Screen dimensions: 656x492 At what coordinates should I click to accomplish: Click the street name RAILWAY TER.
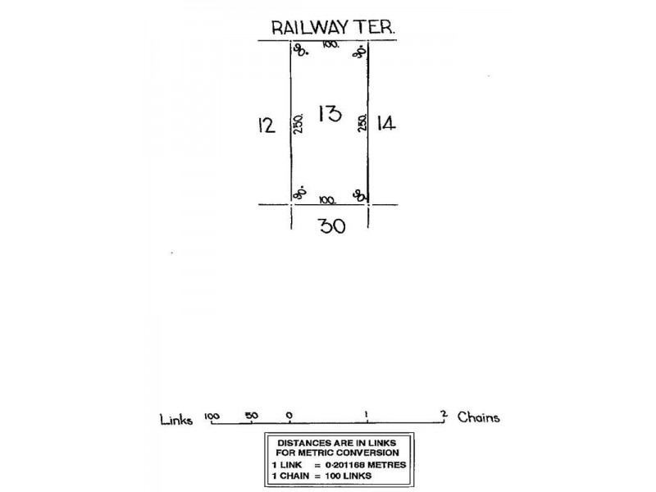pos(335,27)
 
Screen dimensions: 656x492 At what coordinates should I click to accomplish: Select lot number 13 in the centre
pos(329,113)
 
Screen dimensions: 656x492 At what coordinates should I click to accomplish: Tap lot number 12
pos(266,125)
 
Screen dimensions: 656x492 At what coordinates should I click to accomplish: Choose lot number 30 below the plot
pos(331,225)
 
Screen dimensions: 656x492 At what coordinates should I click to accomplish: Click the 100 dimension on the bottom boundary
pos(328,199)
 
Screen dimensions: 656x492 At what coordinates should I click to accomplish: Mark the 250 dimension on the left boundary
pos(301,124)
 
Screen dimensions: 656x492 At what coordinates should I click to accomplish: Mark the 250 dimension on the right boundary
pos(361,124)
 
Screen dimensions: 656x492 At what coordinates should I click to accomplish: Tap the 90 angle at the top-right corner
pos(358,52)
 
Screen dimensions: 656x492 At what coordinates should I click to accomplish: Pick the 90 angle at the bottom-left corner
pos(300,194)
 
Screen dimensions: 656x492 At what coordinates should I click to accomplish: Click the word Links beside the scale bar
pos(176,420)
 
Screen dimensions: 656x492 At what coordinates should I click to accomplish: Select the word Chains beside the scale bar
pos(479,417)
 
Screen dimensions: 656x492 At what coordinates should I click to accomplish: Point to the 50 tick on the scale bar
pos(251,416)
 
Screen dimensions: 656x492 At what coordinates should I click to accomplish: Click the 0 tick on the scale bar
pos(289,416)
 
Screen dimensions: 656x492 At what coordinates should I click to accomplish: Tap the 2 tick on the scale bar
pos(444,414)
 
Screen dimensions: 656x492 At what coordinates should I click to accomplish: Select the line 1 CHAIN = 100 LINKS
pos(321,475)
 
